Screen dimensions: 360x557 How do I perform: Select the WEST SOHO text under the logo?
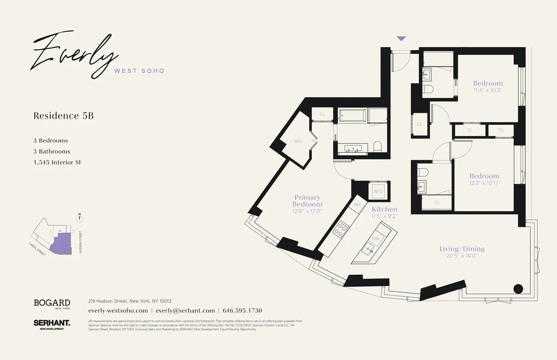[139, 71]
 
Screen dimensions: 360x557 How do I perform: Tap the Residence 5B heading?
[64, 116]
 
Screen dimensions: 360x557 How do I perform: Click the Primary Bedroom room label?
[307, 201]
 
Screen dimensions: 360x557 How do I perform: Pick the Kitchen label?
[384, 209]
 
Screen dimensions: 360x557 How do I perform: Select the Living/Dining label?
[462, 249]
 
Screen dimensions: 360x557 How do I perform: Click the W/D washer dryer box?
[378, 191]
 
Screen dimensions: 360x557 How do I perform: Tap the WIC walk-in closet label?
[298, 141]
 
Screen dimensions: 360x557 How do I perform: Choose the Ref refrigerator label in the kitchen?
[357, 205]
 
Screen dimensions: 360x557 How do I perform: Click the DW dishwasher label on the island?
[376, 238]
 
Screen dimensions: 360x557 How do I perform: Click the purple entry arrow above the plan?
[401, 39]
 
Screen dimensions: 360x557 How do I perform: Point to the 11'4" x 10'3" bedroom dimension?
[488, 90]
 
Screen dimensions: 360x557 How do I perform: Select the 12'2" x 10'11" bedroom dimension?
[484, 183]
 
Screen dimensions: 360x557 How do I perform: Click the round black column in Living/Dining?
[518, 288]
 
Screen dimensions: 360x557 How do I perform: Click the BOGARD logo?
[52, 303]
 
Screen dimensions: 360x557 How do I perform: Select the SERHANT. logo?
[52, 323]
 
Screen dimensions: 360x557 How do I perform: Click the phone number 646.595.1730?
[243, 311]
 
